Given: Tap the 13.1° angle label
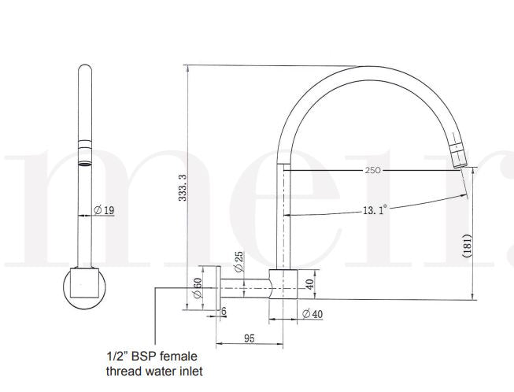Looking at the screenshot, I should point(374,209).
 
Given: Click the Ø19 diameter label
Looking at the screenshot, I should point(104,209).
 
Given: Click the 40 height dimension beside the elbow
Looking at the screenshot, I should point(309,283).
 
